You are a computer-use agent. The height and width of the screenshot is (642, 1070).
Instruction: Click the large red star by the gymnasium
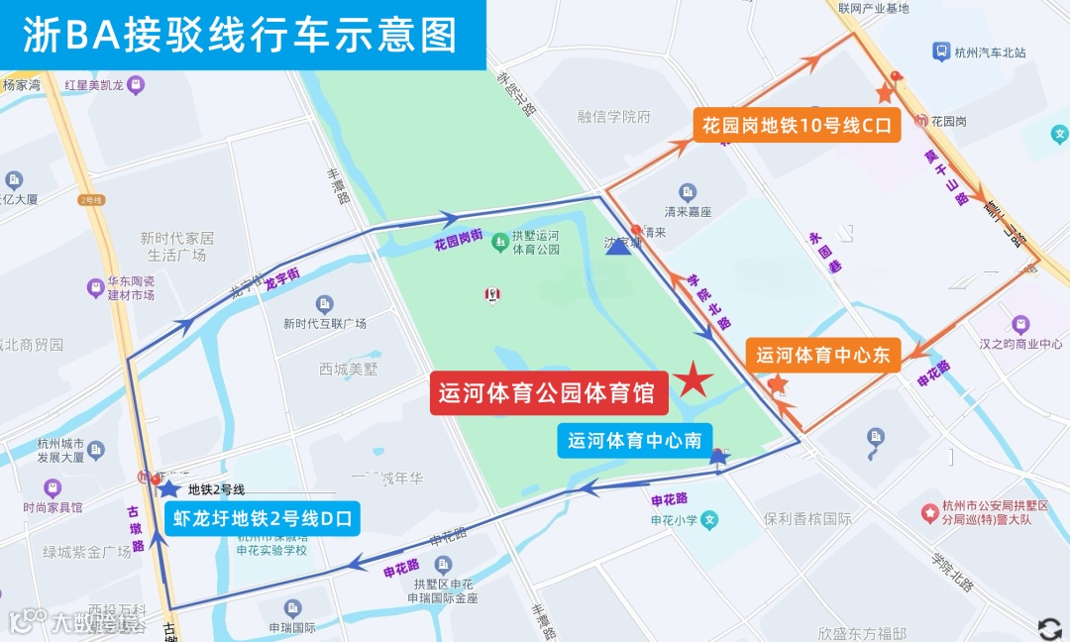(x=694, y=379)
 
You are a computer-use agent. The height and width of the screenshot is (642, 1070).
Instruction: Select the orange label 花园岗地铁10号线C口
(x=796, y=125)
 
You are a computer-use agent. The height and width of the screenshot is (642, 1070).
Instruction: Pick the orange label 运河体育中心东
(x=823, y=355)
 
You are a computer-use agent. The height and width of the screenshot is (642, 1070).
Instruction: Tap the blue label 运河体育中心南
(x=635, y=441)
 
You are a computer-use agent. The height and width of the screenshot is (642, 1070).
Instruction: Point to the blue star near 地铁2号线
(x=169, y=486)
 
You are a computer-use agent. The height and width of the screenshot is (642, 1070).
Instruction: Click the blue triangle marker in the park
(x=618, y=244)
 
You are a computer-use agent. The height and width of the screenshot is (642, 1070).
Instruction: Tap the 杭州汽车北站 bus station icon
(x=939, y=52)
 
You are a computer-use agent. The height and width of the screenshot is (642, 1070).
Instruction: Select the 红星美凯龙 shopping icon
(x=137, y=85)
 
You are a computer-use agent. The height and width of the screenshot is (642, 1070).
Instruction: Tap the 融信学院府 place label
(x=614, y=117)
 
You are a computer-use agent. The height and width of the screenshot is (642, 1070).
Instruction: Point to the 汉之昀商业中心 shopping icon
(x=1020, y=324)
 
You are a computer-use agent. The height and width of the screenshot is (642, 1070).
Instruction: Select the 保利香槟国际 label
(x=808, y=518)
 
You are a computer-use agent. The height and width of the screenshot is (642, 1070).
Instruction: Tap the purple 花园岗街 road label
(x=458, y=238)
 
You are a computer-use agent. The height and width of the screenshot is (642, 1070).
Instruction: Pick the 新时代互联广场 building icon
(x=324, y=304)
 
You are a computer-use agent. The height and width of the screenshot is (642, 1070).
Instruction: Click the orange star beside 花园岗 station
(x=885, y=93)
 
